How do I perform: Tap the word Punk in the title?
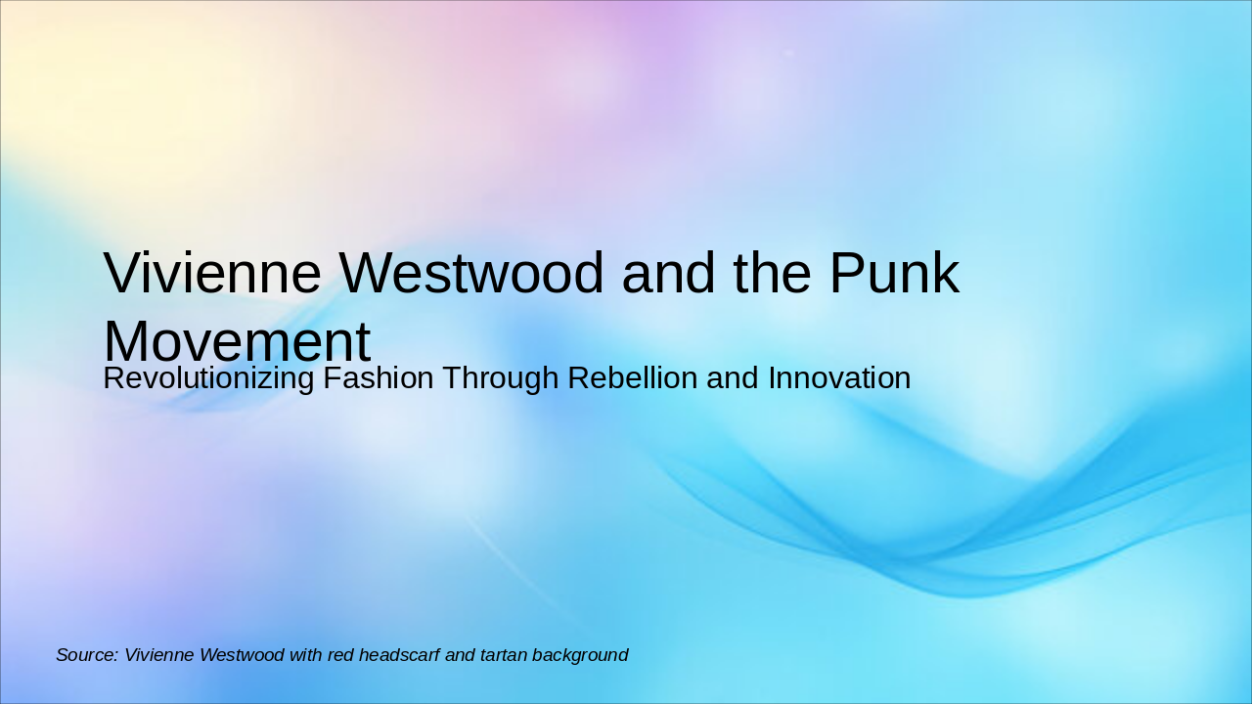click(x=895, y=273)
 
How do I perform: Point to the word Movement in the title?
click(x=237, y=342)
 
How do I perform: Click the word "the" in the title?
click(x=771, y=273)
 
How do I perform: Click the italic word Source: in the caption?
click(x=87, y=655)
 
